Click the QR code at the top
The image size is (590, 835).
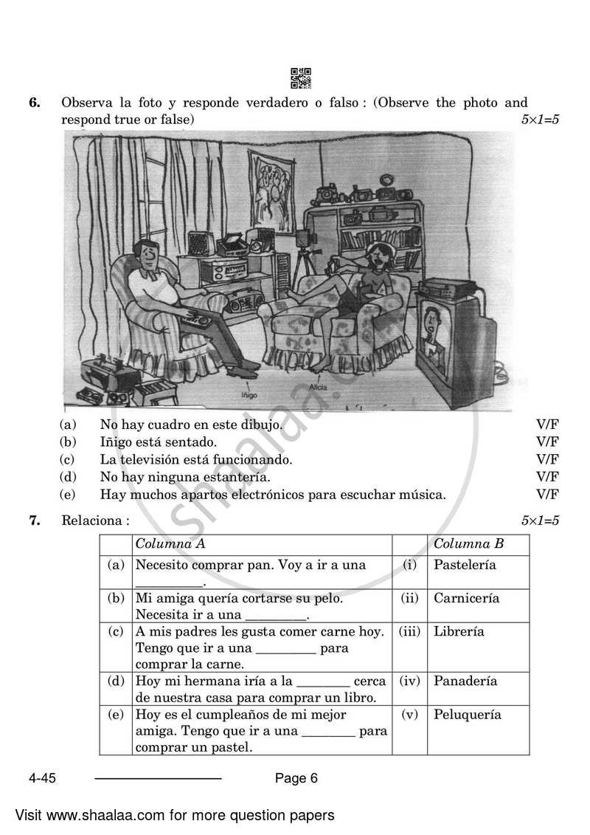[300, 78]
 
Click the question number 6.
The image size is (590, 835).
[34, 103]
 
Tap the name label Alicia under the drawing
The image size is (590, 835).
[319, 386]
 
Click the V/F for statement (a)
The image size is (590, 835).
[547, 425]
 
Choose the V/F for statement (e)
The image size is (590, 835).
[547, 495]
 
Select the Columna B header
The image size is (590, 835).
[468, 544]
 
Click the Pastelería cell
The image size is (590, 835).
[465, 565]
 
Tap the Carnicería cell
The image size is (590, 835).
[466, 598]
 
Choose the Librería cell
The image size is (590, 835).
[459, 632]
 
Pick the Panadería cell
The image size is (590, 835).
[465, 681]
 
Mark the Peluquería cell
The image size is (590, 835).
[467, 715]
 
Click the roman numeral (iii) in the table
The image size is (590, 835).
[409, 632]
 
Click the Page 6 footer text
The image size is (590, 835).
[296, 777]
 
